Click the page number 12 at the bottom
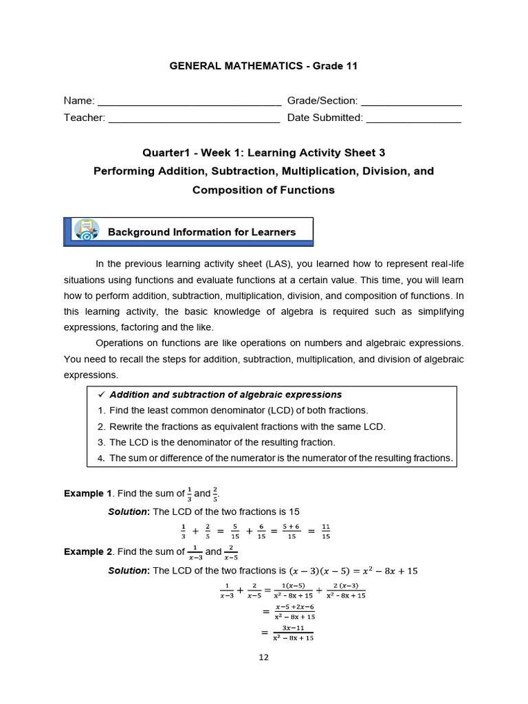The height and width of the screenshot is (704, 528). (264, 657)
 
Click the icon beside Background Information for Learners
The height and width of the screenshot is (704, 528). (86, 231)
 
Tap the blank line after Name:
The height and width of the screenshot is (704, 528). (190, 102)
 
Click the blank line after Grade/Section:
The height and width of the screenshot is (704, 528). (411, 102)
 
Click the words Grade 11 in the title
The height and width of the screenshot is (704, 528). (335, 66)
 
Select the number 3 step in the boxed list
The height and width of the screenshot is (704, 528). (101, 442)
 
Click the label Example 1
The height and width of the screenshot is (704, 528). (88, 494)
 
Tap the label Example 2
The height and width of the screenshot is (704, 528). (88, 551)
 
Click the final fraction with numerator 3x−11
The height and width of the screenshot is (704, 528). (293, 632)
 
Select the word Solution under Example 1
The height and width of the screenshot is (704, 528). (129, 511)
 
